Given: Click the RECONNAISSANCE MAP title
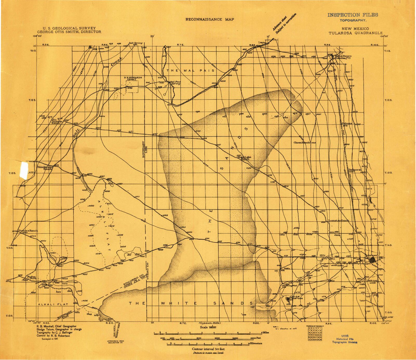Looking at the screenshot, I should click(209, 19).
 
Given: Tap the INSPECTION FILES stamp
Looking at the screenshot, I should click(352, 15).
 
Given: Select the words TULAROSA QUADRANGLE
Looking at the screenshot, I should click(356, 33).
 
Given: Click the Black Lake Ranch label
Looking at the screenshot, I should click(244, 158).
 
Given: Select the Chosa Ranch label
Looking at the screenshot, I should click(302, 143).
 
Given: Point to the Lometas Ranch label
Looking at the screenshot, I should click(338, 220).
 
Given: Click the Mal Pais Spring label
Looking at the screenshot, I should click(175, 83).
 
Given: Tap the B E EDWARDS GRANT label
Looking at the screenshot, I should click(133, 78).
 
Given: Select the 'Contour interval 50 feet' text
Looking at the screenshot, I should click(208, 349).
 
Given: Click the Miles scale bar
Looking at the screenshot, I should click(207, 333).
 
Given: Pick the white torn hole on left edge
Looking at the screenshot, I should click(24, 168).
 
